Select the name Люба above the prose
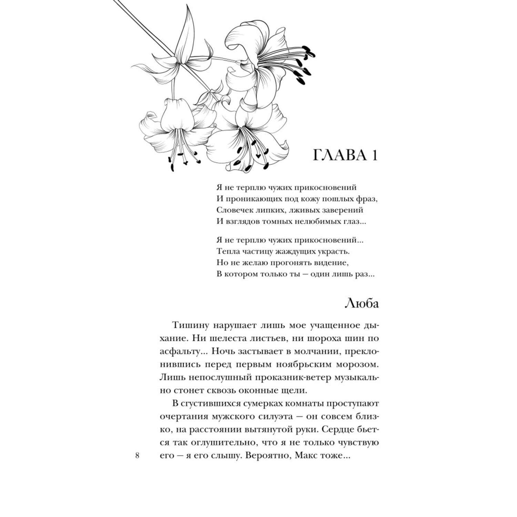(362, 304)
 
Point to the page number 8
(137, 456)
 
